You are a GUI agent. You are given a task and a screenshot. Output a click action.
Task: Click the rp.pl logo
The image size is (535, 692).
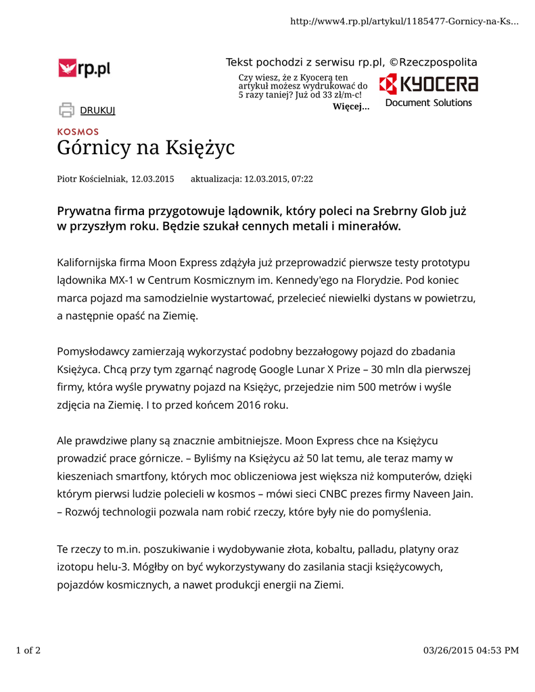[x=85, y=68]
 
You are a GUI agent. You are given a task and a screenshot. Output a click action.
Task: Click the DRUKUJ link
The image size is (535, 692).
[x=97, y=110]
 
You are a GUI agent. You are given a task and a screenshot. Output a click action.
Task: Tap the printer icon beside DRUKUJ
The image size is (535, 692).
[x=66, y=109]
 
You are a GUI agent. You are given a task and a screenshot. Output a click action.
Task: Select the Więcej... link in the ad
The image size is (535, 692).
[x=351, y=107]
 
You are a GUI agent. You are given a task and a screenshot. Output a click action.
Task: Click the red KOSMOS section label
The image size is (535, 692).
[x=78, y=132]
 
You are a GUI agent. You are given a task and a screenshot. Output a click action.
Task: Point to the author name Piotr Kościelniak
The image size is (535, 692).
[x=91, y=179]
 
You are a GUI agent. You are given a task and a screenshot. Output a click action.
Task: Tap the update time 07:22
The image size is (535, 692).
[x=302, y=179]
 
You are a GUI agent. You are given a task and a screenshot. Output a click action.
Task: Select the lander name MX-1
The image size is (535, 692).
[x=115, y=280]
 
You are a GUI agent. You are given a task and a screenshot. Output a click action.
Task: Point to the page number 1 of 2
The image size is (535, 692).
[x=28, y=651]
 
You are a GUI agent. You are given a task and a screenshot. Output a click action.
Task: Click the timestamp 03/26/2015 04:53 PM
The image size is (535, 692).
[x=471, y=651]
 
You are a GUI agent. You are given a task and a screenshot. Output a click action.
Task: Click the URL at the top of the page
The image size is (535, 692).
[x=404, y=22]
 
